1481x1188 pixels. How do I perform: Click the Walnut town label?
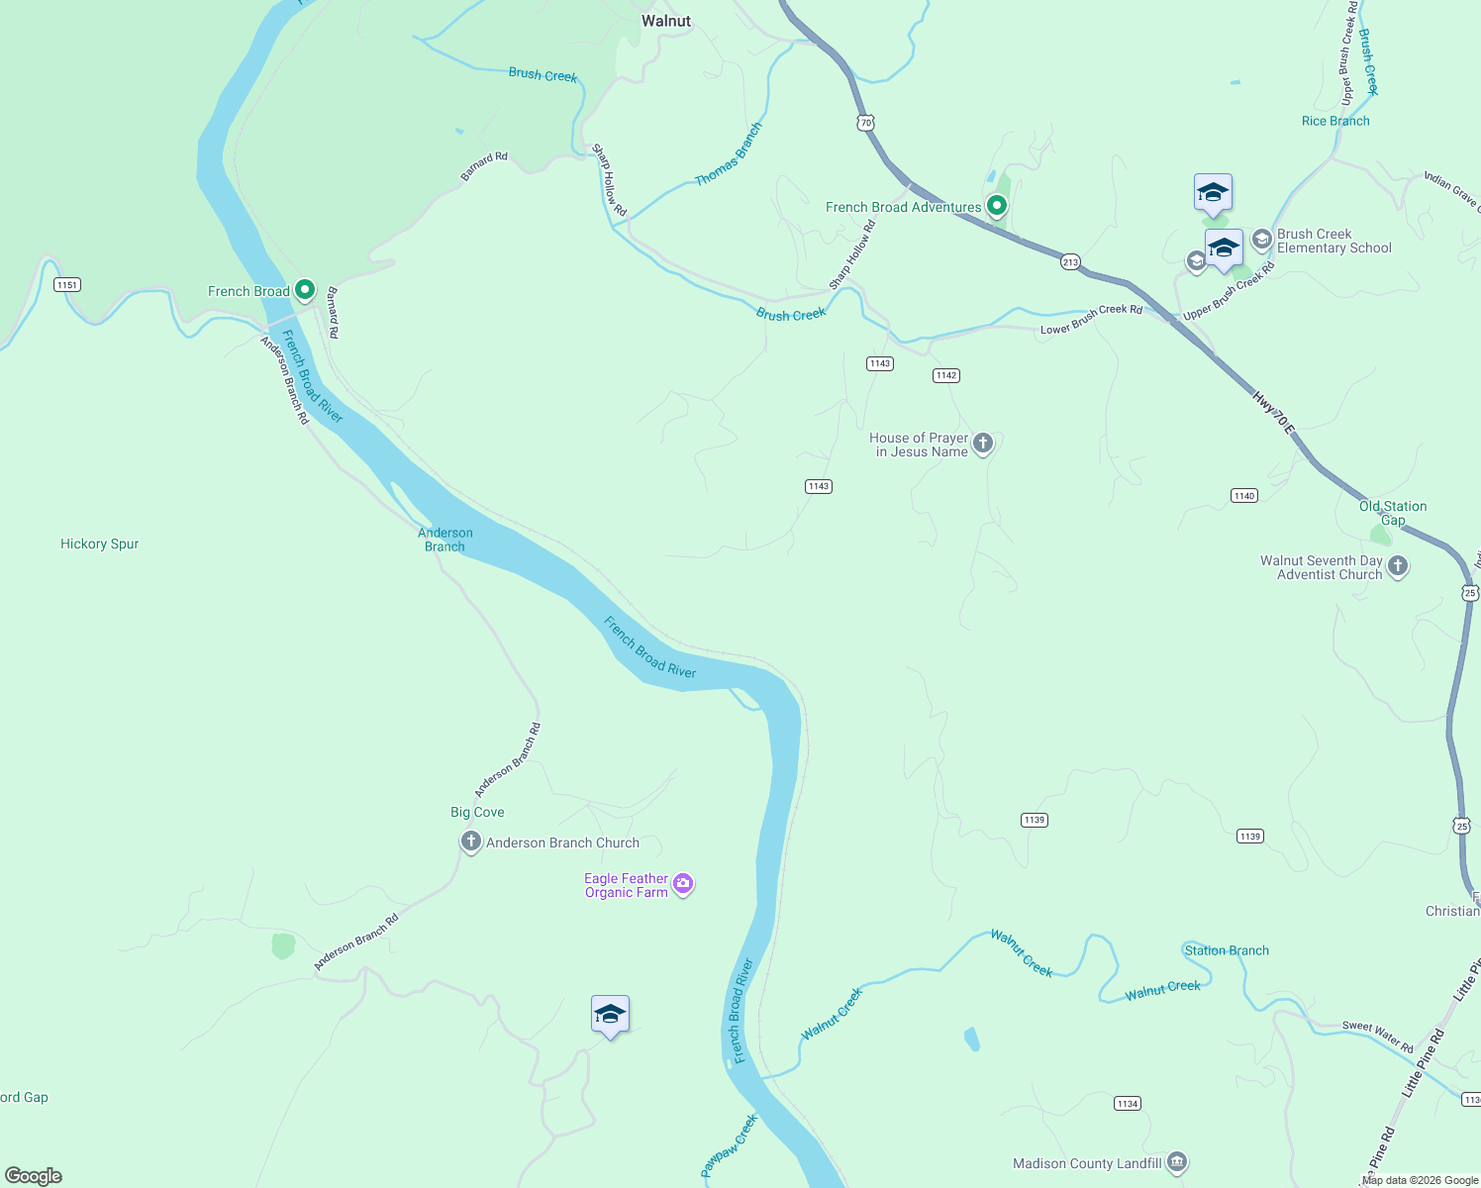click(x=666, y=21)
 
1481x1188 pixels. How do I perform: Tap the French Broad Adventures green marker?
click(x=997, y=206)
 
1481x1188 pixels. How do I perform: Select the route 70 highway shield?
click(x=866, y=123)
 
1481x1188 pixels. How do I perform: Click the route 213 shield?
click(x=1070, y=262)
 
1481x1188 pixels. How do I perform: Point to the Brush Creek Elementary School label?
click(x=1333, y=242)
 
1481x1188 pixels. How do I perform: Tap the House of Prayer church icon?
click(x=983, y=444)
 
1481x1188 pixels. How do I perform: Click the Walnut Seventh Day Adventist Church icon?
click(x=1398, y=566)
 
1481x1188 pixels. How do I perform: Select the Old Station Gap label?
click(x=1393, y=513)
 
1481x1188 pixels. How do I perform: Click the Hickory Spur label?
click(x=99, y=544)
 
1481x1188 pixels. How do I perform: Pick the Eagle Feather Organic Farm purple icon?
click(x=683, y=884)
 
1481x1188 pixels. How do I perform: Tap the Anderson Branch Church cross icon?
click(x=471, y=842)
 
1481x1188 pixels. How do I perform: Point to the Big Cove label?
click(x=477, y=812)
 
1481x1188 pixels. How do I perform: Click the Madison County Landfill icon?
click(x=1177, y=1162)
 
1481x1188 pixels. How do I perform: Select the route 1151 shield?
click(x=67, y=285)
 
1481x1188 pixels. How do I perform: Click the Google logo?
click(x=34, y=1176)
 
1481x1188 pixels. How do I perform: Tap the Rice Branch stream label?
click(x=1335, y=121)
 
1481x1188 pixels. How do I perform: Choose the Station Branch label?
click(x=1227, y=950)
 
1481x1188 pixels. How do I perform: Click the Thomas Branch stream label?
click(x=729, y=154)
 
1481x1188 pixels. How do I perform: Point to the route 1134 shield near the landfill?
click(x=1127, y=1103)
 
